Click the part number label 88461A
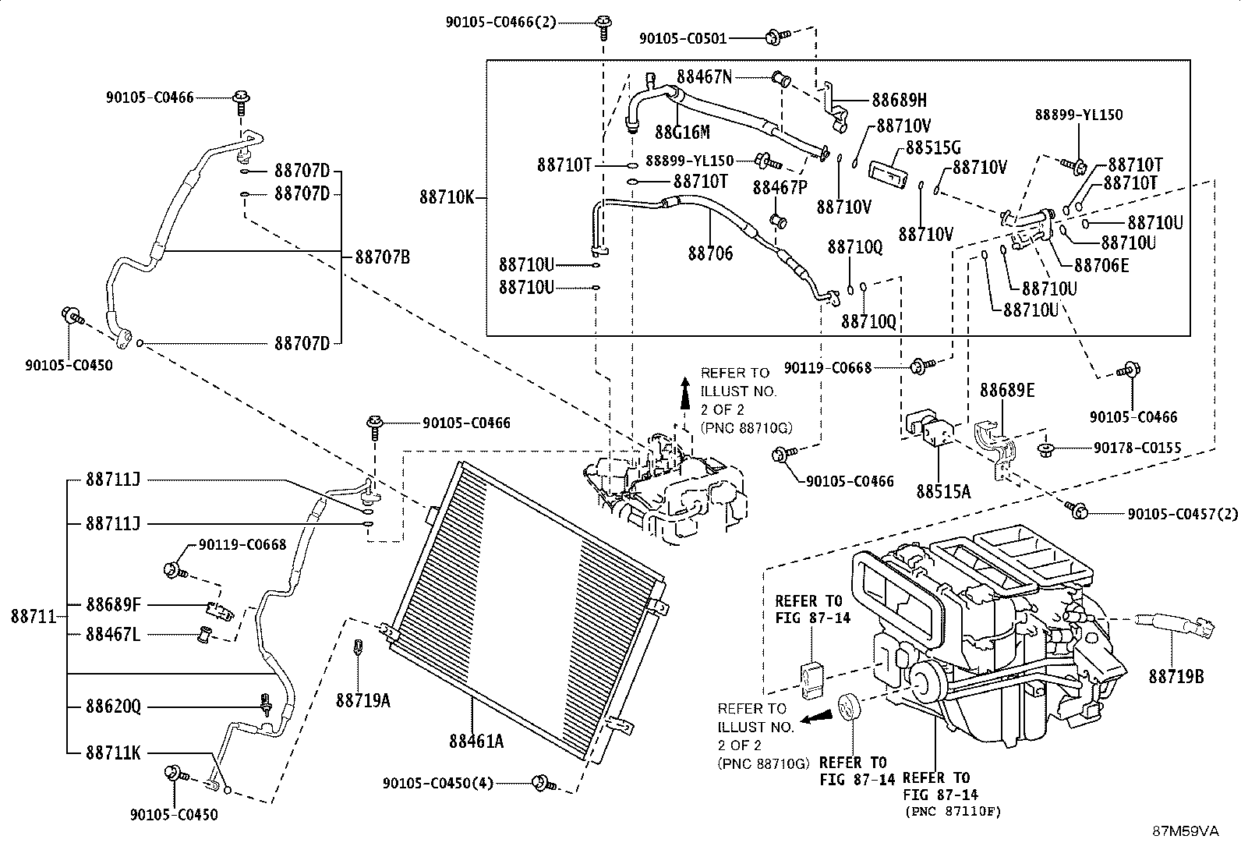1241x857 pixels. [x=476, y=741]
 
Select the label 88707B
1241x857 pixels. [x=382, y=257]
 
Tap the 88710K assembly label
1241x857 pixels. [x=447, y=197]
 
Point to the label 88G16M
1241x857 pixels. [x=682, y=132]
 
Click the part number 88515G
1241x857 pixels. [x=934, y=147]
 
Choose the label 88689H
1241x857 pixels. [x=899, y=100]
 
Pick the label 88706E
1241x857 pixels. [x=1101, y=266]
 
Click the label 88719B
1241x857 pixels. [x=1176, y=676]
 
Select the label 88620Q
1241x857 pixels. [x=114, y=706]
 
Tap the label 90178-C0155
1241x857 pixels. [x=1137, y=448]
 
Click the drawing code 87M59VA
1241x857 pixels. [x=1186, y=831]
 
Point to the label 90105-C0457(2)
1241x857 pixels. [x=1183, y=514]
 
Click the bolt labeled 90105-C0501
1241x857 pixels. [x=776, y=37]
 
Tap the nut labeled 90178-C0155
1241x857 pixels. [x=1045, y=449]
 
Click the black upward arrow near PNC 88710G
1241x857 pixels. [x=685, y=394]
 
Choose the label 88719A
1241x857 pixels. [x=363, y=701]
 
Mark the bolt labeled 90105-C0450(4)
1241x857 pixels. [x=543, y=783]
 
